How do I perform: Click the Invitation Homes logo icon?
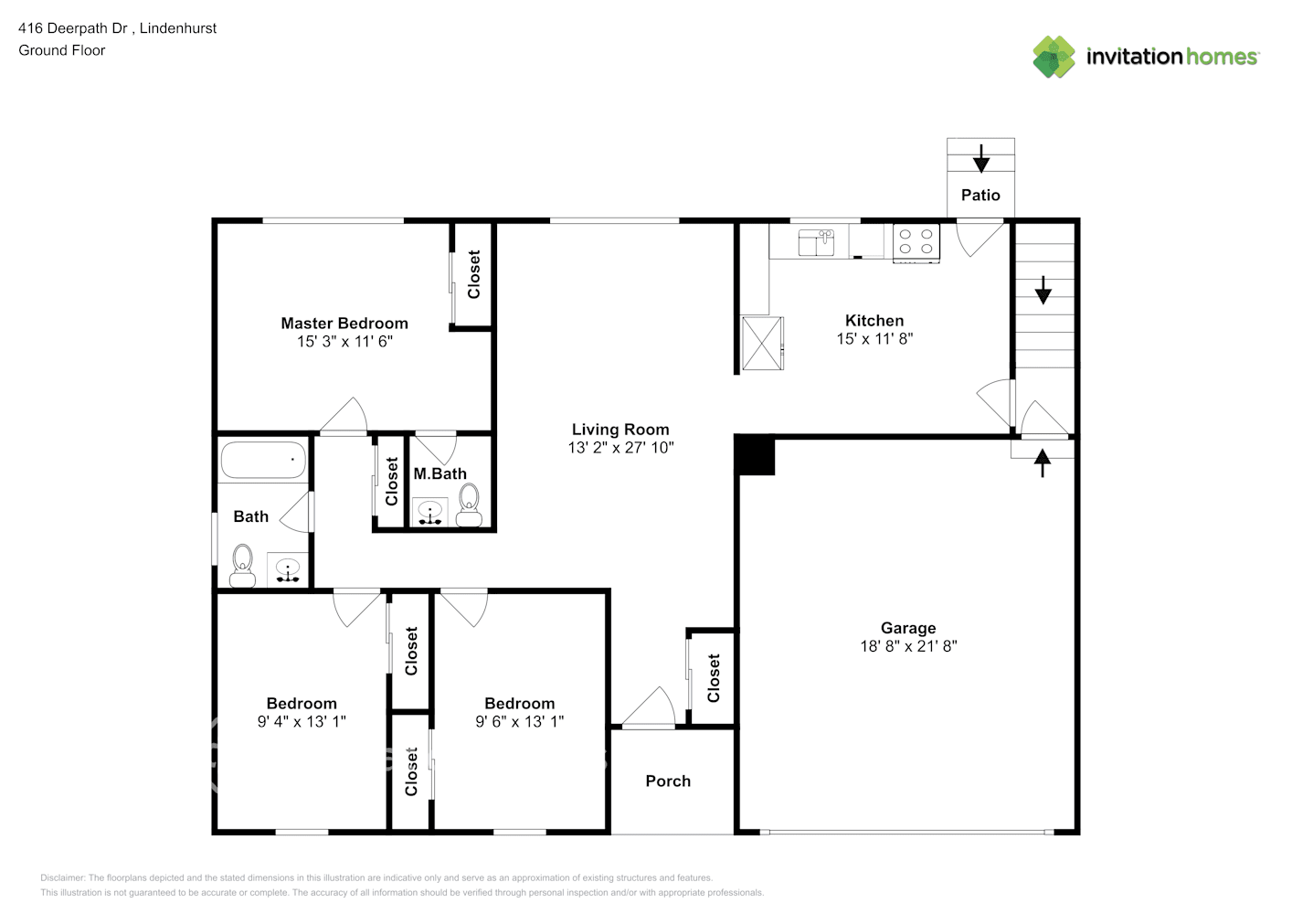coord(1054,57)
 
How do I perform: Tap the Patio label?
coord(980,195)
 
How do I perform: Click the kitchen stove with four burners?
coord(916,242)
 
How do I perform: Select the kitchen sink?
coord(816,242)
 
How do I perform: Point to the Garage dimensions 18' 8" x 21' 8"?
coord(908,646)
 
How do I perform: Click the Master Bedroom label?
coord(344,324)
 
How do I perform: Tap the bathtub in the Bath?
coord(263,461)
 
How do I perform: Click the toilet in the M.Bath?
coord(469,505)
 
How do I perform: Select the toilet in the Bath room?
coord(242,565)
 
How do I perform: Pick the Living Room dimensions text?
coord(620,448)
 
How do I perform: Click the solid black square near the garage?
coord(756,455)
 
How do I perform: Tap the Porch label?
coord(668,781)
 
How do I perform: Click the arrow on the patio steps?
coord(980,159)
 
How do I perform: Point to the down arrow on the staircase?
coord(1043,291)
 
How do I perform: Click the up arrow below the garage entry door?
coord(1042,462)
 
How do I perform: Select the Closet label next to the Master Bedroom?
coord(473,275)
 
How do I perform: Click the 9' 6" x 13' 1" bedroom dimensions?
coord(519,722)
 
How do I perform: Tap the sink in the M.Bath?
coord(429,513)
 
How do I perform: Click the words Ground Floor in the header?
coord(62,50)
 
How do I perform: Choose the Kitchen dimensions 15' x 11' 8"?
coord(874,339)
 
